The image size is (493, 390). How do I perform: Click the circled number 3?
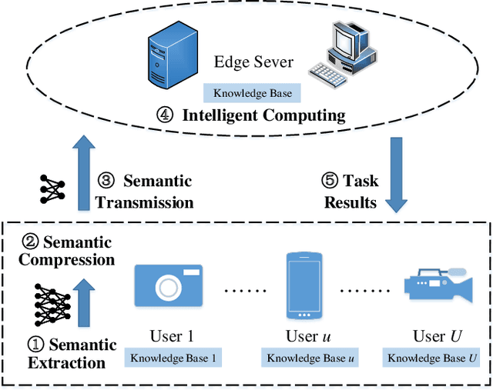(x=106, y=182)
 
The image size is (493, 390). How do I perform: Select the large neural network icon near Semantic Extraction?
(x=49, y=305)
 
